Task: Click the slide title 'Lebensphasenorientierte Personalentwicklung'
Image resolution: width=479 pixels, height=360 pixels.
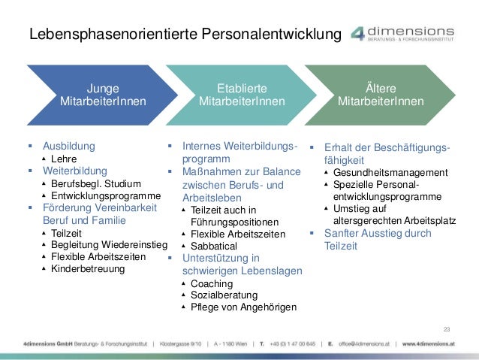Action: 184,35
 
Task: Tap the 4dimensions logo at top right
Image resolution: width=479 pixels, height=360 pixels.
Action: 409,33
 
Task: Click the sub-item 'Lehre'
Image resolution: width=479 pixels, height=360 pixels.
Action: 64,159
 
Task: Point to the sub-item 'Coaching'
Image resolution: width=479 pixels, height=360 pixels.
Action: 212,283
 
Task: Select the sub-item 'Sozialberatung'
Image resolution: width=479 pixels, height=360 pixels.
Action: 224,295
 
